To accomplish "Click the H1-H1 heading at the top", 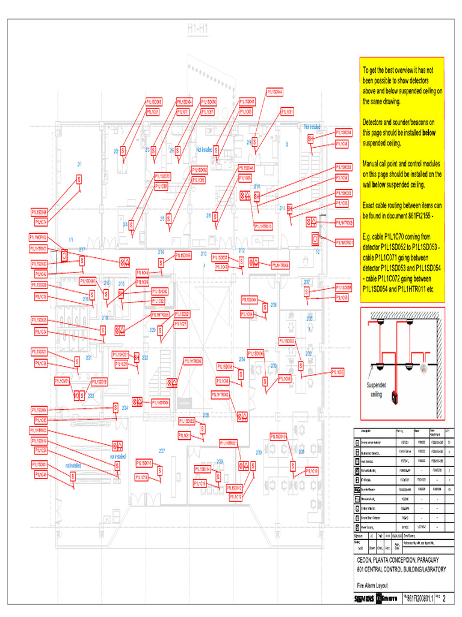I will pos(197,28).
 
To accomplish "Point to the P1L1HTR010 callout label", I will pos(263,227).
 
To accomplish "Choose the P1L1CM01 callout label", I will pos(62,381).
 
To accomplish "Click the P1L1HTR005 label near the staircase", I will pos(192,360).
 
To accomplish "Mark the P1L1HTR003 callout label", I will pos(40,431).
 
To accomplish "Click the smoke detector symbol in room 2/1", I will pos(79,180).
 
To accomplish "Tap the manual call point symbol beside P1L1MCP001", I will pos(315,239).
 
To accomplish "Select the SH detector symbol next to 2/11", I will pos(289,208).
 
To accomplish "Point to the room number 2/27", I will pos(162,451).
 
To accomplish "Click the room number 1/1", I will pos(71,240).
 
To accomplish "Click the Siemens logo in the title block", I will pos(364,599).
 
